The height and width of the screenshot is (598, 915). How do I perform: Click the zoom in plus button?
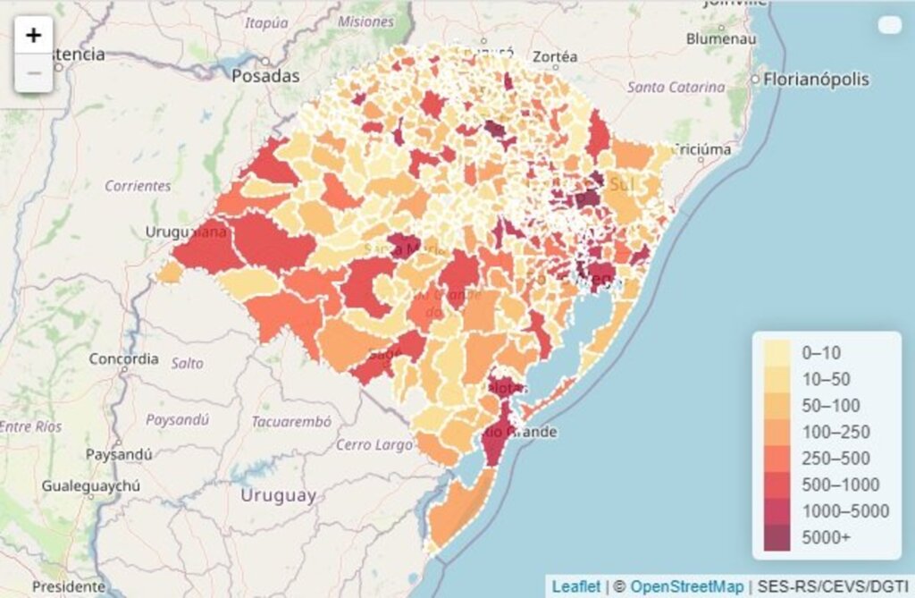34,36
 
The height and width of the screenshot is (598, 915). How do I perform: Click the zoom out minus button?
34,73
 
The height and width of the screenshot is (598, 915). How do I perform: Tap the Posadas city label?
265,76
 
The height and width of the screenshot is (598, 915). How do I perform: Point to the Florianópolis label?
816,80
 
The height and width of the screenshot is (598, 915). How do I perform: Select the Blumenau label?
721,39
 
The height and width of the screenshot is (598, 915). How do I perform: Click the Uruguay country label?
278,495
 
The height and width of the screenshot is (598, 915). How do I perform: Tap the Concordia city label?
123,359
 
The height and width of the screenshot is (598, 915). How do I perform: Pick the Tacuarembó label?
291,421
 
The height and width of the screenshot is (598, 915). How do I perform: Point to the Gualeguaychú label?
91,486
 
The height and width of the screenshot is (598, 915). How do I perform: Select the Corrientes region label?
138,186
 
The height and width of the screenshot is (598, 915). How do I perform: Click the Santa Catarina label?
676,88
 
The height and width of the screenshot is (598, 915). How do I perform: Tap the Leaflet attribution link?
575,586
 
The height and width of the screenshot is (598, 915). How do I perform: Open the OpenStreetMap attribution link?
686,586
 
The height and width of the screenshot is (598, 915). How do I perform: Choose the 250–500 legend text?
836,459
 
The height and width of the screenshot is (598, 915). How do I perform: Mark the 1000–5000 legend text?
844,511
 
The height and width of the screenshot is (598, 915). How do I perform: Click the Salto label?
188,364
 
